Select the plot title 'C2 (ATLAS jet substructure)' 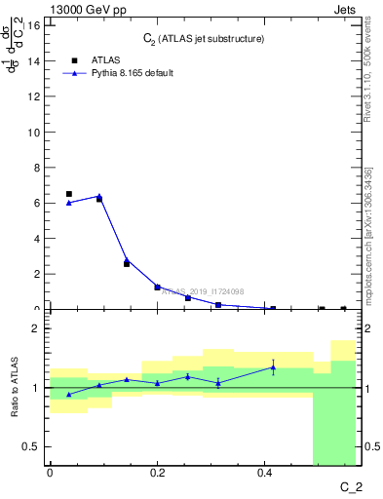click(203, 38)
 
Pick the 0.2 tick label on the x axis click(158, 474)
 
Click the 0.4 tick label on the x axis click(265, 474)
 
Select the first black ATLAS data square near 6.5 click(68, 194)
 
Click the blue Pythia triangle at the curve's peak click(99, 196)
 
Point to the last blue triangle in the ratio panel click(273, 366)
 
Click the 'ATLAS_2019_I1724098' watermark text click(202, 290)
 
